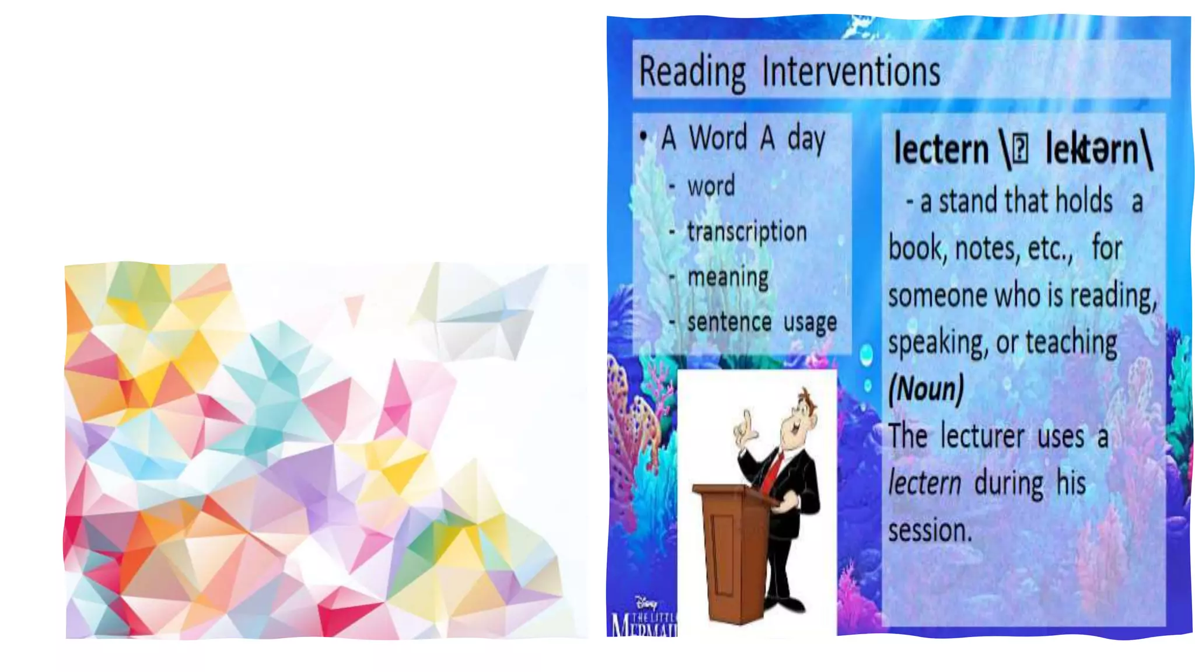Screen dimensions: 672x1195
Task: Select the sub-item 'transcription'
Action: pyautogui.click(x=747, y=232)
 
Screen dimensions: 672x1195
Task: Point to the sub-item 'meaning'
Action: pyautogui.click(x=728, y=277)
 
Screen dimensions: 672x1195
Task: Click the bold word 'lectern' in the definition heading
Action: pyautogui.click(x=941, y=149)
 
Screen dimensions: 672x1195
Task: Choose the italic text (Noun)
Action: pyautogui.click(x=925, y=389)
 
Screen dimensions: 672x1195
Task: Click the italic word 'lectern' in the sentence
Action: pyautogui.click(x=924, y=484)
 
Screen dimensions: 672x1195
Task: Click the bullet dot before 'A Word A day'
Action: pyautogui.click(x=644, y=136)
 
